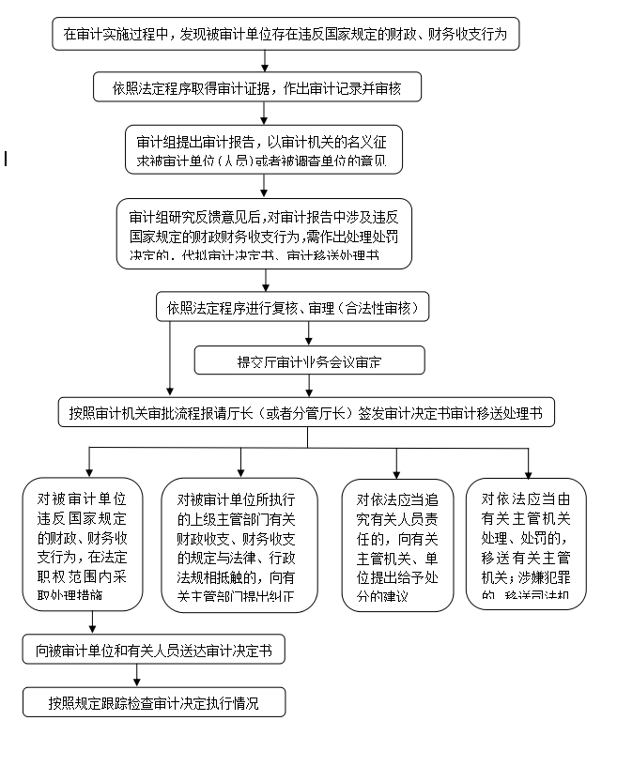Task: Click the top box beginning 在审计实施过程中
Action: click(285, 35)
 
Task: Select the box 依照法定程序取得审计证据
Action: click(256, 88)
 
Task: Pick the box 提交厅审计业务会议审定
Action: click(309, 360)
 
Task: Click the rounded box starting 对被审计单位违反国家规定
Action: click(84, 544)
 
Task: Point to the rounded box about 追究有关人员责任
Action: click(397, 544)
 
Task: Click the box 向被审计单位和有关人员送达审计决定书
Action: click(154, 649)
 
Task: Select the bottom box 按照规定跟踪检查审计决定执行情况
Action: click(154, 701)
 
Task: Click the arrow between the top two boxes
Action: click(265, 61)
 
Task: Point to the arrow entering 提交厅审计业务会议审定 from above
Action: click(310, 333)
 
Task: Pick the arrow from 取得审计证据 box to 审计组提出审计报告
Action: click(265, 113)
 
